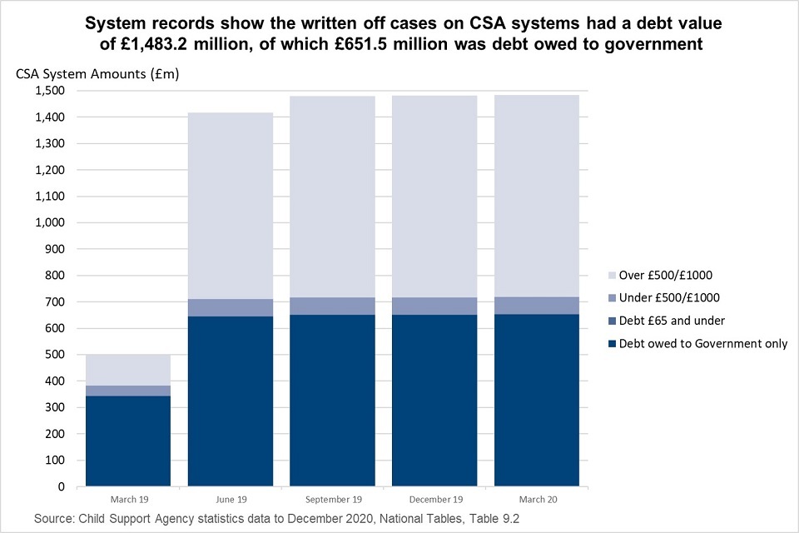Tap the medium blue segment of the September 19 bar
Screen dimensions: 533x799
coord(332,306)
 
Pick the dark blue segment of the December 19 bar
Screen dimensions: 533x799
coord(434,400)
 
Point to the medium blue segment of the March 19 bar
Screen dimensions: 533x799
coord(127,391)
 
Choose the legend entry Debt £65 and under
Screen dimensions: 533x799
coord(666,321)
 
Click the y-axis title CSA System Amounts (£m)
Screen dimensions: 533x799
coord(97,73)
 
